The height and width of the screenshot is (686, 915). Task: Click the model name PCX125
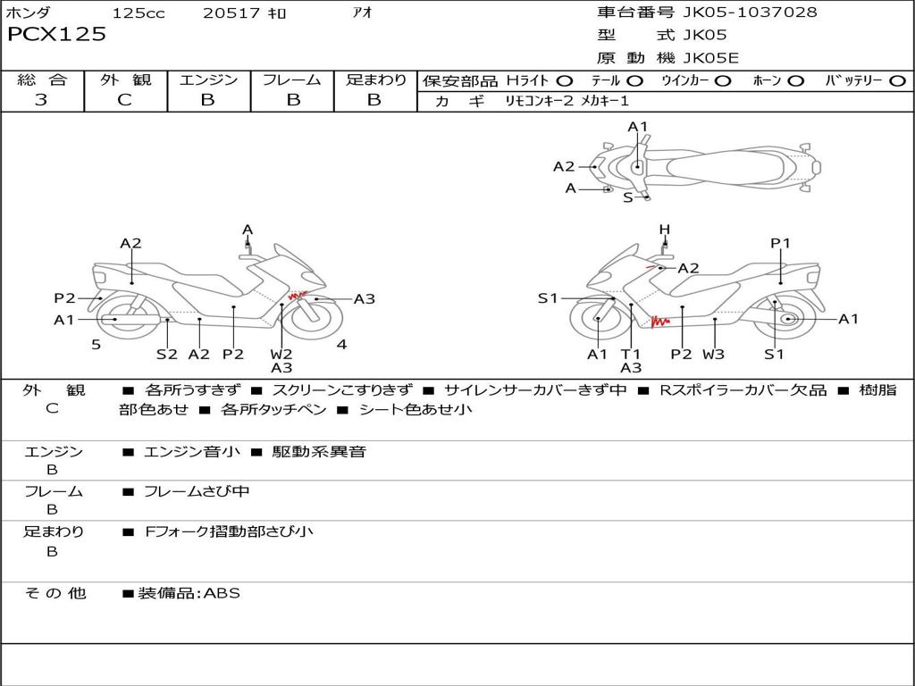click(x=57, y=35)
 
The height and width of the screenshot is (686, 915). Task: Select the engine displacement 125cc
click(x=139, y=13)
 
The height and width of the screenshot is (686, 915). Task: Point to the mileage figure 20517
click(x=231, y=13)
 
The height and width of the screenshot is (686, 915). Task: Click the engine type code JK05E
click(x=711, y=59)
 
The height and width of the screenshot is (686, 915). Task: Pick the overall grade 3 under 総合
click(x=41, y=100)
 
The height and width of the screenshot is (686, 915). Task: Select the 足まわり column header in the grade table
click(x=375, y=80)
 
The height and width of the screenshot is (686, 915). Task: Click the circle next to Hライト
click(x=565, y=81)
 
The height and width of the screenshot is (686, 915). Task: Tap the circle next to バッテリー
click(x=897, y=81)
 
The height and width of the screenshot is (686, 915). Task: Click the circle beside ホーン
click(x=796, y=81)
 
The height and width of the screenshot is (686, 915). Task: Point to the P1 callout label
click(x=780, y=243)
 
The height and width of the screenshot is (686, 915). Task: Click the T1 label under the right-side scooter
click(x=631, y=354)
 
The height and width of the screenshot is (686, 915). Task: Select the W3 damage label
click(x=713, y=354)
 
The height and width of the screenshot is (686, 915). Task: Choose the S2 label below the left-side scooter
click(x=167, y=354)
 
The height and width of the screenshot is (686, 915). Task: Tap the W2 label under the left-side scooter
click(x=281, y=354)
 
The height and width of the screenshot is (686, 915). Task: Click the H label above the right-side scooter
click(x=664, y=230)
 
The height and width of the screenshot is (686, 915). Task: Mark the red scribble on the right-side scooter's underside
click(x=660, y=320)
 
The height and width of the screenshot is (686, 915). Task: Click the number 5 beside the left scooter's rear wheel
click(x=96, y=344)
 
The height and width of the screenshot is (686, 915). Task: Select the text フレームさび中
click(x=197, y=491)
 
